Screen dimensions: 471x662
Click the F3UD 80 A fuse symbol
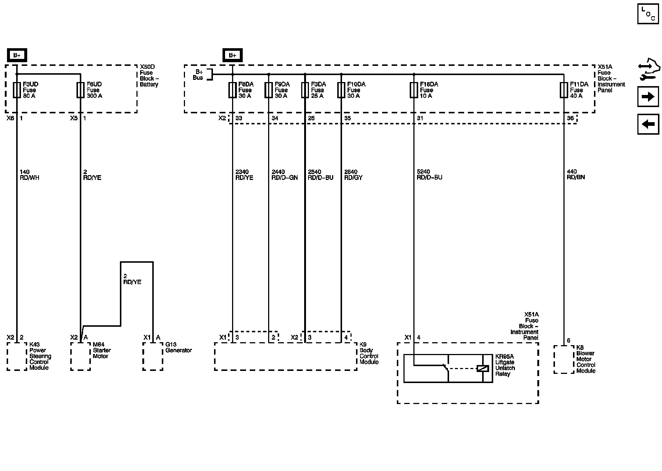click(17, 90)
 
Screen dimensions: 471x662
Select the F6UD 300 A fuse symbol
click(80, 90)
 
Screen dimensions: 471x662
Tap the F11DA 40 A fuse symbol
click(563, 90)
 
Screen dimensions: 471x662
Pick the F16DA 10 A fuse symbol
click(414, 90)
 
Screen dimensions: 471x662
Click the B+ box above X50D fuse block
click(17, 56)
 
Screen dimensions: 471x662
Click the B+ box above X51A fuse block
click(232, 56)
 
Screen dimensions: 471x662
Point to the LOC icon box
click(648, 14)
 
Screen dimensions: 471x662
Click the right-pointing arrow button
click(648, 97)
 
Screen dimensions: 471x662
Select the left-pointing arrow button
click(648, 124)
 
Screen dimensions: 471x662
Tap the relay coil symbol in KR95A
click(483, 368)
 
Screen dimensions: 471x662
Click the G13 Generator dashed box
click(153, 356)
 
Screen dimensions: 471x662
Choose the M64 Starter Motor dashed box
click(81, 356)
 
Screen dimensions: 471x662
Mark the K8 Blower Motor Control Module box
click(564, 359)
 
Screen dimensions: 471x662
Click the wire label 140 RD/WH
click(29, 175)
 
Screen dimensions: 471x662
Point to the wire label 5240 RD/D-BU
click(429, 175)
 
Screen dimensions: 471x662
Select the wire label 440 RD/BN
click(576, 174)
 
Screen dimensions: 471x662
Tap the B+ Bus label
click(199, 75)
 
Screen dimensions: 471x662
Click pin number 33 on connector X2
click(239, 118)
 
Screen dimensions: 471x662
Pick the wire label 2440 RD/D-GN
click(284, 175)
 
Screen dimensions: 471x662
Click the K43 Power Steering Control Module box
click(17, 356)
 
